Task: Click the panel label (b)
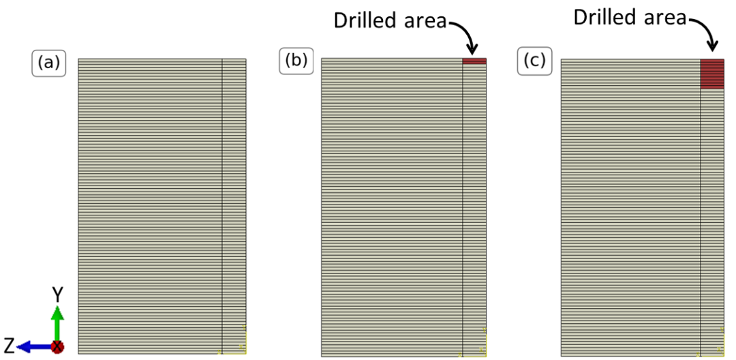tap(295, 61)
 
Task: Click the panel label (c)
tap(534, 61)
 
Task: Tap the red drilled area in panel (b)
tap(474, 61)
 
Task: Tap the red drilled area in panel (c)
tap(712, 74)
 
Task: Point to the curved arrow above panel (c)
tap(705, 32)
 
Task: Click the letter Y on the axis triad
tap(58, 294)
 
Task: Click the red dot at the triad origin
tap(58, 347)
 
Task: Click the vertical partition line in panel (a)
tap(222, 205)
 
